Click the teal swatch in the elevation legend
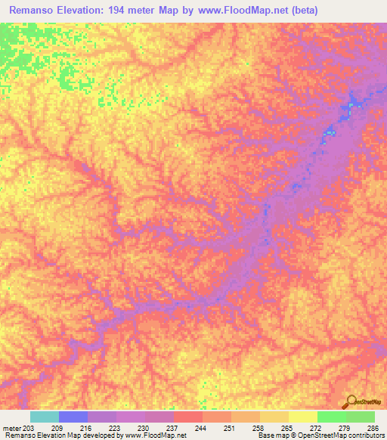(x=44, y=417)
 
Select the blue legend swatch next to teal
(x=73, y=417)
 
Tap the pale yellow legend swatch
(x=303, y=417)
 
